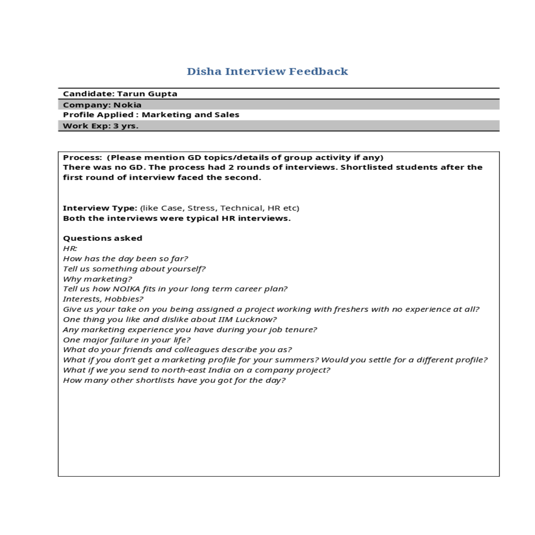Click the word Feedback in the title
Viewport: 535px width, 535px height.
pyautogui.click(x=318, y=71)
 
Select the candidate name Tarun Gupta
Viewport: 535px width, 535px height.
pyautogui.click(x=147, y=94)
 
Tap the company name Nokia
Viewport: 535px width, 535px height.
pyautogui.click(x=128, y=105)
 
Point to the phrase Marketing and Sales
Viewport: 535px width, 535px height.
pyautogui.click(x=190, y=115)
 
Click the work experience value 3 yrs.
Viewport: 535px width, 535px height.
pyautogui.click(x=126, y=126)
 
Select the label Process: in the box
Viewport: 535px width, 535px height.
pyautogui.click(x=82, y=157)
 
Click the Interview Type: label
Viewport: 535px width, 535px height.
pyautogui.click(x=100, y=208)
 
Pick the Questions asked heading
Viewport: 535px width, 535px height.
pyautogui.click(x=103, y=238)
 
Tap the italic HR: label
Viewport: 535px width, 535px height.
pyautogui.click(x=70, y=248)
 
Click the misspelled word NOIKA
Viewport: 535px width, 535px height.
pyautogui.click(x=127, y=289)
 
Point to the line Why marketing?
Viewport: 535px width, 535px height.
pyautogui.click(x=97, y=279)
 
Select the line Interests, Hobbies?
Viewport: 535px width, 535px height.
pyautogui.click(x=103, y=299)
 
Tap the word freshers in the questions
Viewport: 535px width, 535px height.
pyautogui.click(x=352, y=309)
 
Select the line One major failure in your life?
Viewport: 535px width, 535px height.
pyautogui.click(x=127, y=340)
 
